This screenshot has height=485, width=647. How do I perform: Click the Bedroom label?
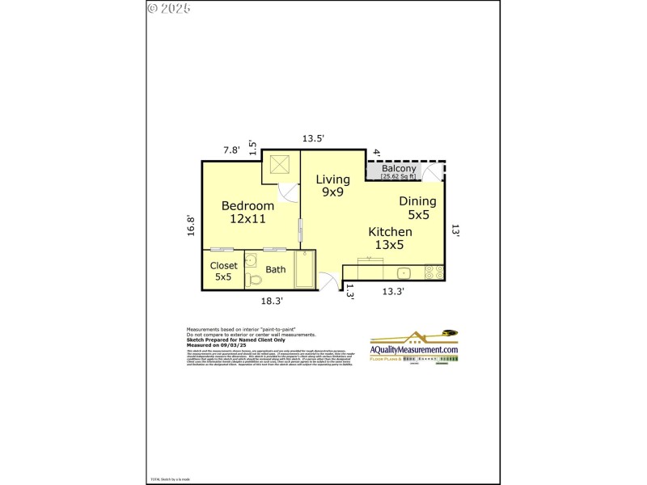(x=247, y=206)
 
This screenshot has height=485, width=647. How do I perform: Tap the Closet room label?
(x=223, y=265)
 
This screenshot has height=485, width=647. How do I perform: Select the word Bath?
(x=276, y=269)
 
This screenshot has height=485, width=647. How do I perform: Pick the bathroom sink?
(x=252, y=260)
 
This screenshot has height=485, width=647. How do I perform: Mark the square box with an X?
(x=281, y=165)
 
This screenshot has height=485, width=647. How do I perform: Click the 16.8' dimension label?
(x=192, y=225)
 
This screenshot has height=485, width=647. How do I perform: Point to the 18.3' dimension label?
(x=272, y=300)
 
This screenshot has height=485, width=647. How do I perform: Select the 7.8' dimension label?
(x=232, y=150)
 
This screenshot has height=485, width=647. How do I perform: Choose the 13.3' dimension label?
(x=393, y=291)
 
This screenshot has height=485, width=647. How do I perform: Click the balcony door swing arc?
(x=433, y=173)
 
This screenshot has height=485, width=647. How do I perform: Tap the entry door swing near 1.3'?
(x=328, y=281)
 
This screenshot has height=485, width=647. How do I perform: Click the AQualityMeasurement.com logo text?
(x=414, y=348)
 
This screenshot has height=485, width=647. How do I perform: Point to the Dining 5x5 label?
(x=418, y=208)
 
